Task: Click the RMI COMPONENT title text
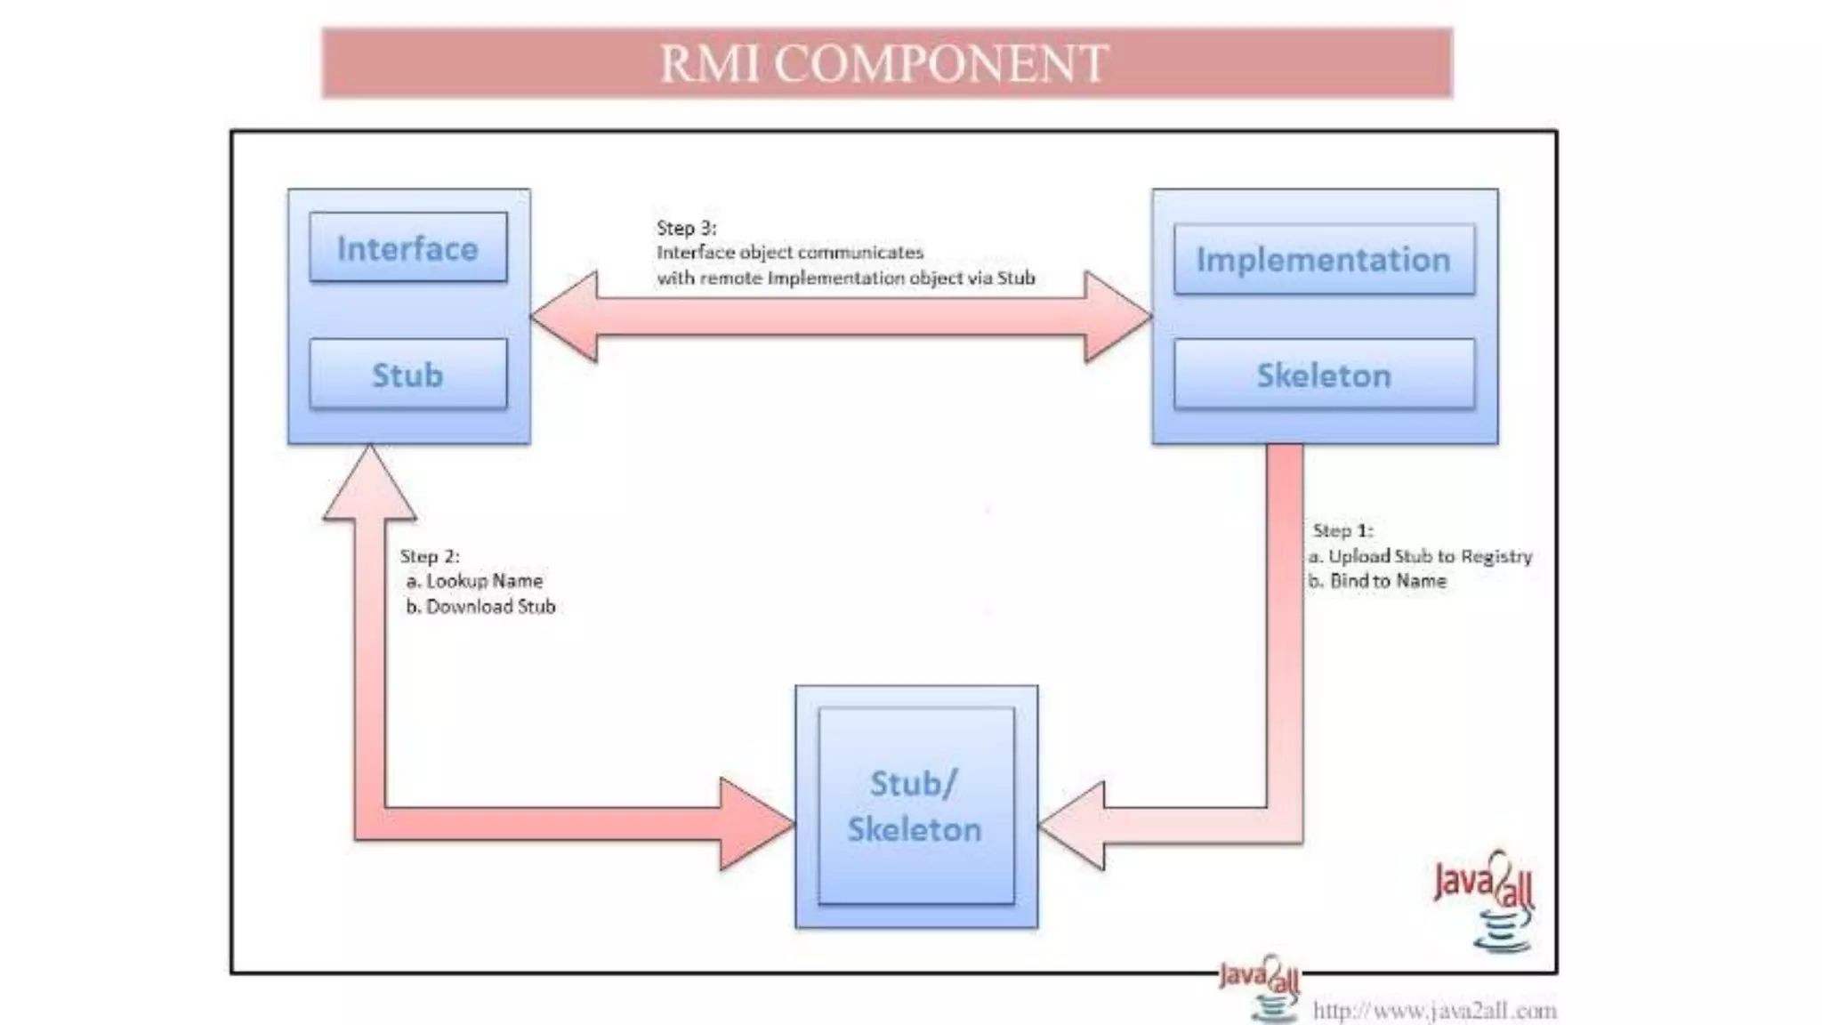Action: [883, 64]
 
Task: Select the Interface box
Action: [408, 247]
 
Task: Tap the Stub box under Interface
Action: [408, 375]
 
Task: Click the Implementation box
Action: [1324, 259]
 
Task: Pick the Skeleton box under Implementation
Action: [1324, 375]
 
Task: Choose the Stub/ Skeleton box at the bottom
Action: [915, 806]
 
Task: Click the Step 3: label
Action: [686, 228]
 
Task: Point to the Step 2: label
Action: [430, 556]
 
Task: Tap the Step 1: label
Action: [1342, 530]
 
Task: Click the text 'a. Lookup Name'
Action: [475, 581]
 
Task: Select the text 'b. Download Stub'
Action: [481, 607]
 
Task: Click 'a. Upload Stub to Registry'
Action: [1421, 556]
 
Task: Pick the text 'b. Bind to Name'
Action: [1378, 581]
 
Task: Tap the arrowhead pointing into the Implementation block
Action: [1117, 316]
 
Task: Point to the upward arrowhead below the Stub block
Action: [369, 485]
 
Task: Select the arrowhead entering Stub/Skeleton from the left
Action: [755, 824]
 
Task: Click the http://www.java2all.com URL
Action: [1434, 1011]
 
